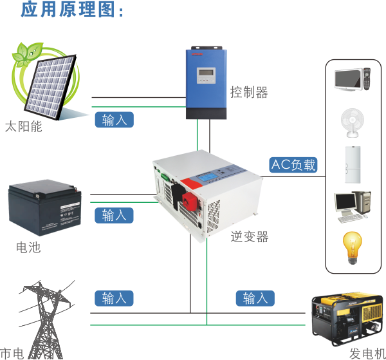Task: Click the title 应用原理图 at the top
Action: click(70, 10)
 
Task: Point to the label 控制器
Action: click(249, 93)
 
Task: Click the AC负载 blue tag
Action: click(294, 164)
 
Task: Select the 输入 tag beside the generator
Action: click(255, 299)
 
